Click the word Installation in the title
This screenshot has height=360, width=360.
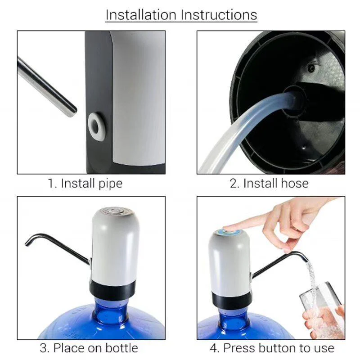pos(141,15)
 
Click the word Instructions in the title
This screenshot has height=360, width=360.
pos(219,15)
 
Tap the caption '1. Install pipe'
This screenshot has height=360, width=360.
pos(85,184)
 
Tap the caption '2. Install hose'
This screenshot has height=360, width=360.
pos(269,184)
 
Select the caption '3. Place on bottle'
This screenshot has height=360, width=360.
pos(89,348)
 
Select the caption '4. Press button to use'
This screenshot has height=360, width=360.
pos(272,348)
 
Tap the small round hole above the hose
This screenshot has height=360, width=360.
pos(311,68)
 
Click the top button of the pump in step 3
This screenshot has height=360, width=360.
pos(114,211)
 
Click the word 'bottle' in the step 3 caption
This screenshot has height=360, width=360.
pos(121,348)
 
